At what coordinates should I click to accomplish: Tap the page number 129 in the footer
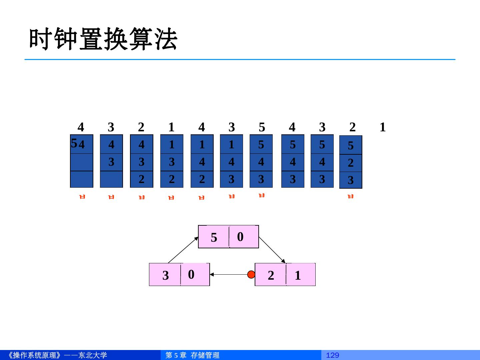click(332, 355)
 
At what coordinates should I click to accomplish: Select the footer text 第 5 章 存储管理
click(192, 355)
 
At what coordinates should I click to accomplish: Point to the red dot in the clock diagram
click(251, 274)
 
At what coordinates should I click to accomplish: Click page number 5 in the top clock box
click(214, 237)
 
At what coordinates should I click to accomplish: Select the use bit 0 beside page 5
click(240, 237)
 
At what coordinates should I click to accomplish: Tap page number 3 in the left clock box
click(165, 275)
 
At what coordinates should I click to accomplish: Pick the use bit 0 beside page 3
click(191, 274)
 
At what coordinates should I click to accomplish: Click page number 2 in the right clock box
click(271, 275)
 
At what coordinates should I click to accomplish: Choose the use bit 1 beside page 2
click(298, 275)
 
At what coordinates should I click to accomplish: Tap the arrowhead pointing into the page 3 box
click(212, 275)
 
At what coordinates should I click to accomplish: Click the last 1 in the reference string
click(382, 127)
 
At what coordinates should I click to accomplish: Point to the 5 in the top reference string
click(262, 127)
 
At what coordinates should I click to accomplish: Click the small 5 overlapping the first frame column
click(74, 143)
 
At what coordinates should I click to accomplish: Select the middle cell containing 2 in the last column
click(351, 163)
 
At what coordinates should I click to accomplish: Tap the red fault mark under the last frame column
click(350, 197)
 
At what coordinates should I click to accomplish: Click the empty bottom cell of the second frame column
click(111, 179)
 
